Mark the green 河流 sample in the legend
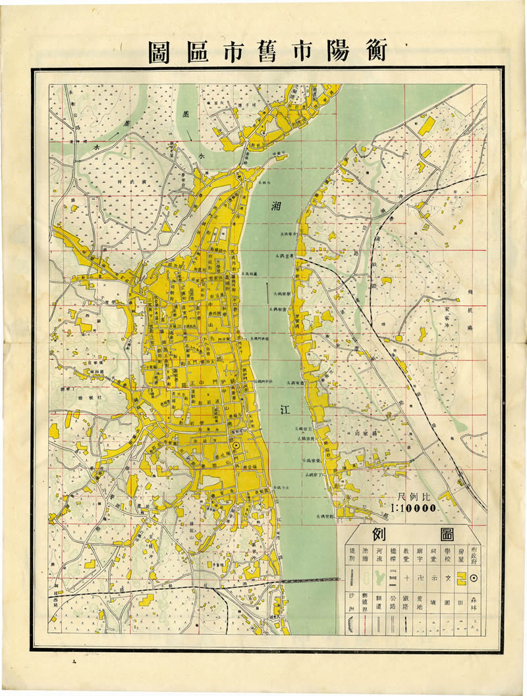(x=379, y=578)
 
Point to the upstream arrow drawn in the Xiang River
(x=267, y=289)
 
